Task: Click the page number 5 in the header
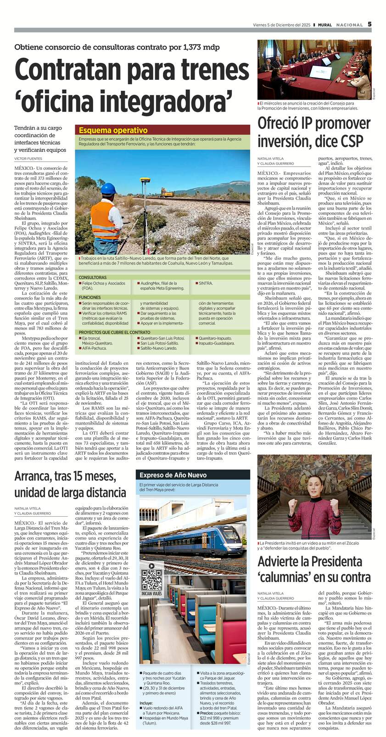[x=369, y=24]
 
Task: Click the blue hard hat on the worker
[x=108, y=189]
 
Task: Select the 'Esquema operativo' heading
[x=107, y=130]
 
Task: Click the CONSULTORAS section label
[x=93, y=278]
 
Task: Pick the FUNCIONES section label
[x=90, y=297]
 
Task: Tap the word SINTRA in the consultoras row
[x=206, y=284]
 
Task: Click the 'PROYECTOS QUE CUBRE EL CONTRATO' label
[x=114, y=332]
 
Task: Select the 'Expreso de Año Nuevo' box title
[x=173, y=475]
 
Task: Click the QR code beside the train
[x=151, y=580]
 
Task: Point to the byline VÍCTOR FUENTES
[x=28, y=159]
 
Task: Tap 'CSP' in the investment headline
[x=352, y=140]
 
